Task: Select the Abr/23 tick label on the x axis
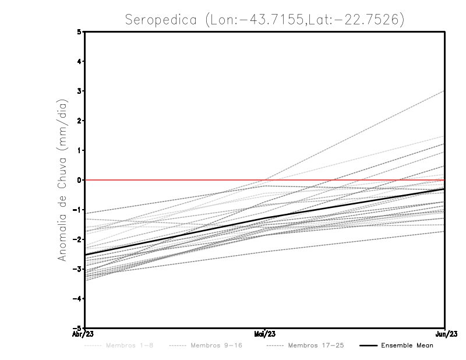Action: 84,334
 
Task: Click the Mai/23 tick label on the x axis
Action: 265,334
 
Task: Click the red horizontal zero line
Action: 175,180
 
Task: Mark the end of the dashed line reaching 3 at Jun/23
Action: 444,91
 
